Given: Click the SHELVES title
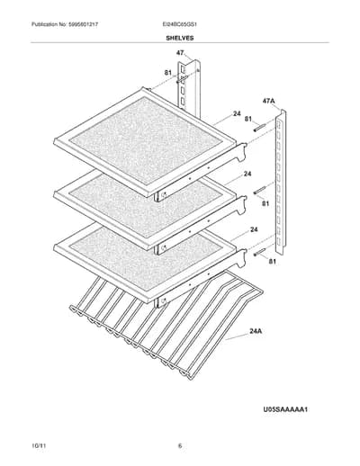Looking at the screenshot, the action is (180, 38).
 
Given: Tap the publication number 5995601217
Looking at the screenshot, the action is (83, 24).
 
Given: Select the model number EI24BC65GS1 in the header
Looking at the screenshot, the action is (179, 24).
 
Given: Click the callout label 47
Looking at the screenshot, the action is (180, 53).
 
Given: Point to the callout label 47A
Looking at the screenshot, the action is (268, 101).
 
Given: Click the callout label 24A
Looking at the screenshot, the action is (256, 331).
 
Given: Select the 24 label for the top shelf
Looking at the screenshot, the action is (237, 113).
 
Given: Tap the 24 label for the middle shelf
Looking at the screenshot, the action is (247, 174).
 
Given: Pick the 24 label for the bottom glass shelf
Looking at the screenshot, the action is (254, 229).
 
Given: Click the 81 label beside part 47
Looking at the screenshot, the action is (168, 73).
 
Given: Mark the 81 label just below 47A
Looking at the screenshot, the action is (248, 119).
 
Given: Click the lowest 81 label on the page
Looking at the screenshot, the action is (272, 262).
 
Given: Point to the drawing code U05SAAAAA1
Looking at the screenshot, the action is (285, 409).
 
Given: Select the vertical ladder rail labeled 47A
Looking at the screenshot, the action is (281, 182).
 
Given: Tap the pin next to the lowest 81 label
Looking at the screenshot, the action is (260, 252).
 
